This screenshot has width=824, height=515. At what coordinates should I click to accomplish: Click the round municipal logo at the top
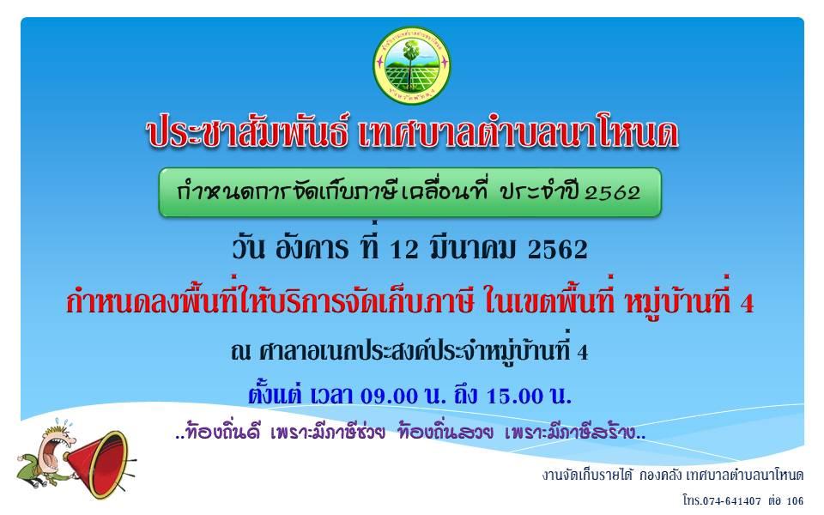click(x=411, y=66)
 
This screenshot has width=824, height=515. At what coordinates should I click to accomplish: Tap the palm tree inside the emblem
click(x=409, y=63)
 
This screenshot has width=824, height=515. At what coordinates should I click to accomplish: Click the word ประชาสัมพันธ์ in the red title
click(x=246, y=133)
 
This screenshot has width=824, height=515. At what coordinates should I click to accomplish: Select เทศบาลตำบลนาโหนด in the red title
click(x=518, y=133)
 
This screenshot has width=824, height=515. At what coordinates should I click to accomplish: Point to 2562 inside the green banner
click(x=613, y=193)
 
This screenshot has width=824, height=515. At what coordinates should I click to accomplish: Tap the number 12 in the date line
click(x=404, y=250)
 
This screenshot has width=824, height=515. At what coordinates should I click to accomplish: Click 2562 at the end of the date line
click(x=558, y=250)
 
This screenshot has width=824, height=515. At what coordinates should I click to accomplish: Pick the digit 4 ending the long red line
click(x=746, y=304)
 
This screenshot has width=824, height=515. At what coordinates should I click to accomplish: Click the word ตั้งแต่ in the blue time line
click(x=275, y=394)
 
